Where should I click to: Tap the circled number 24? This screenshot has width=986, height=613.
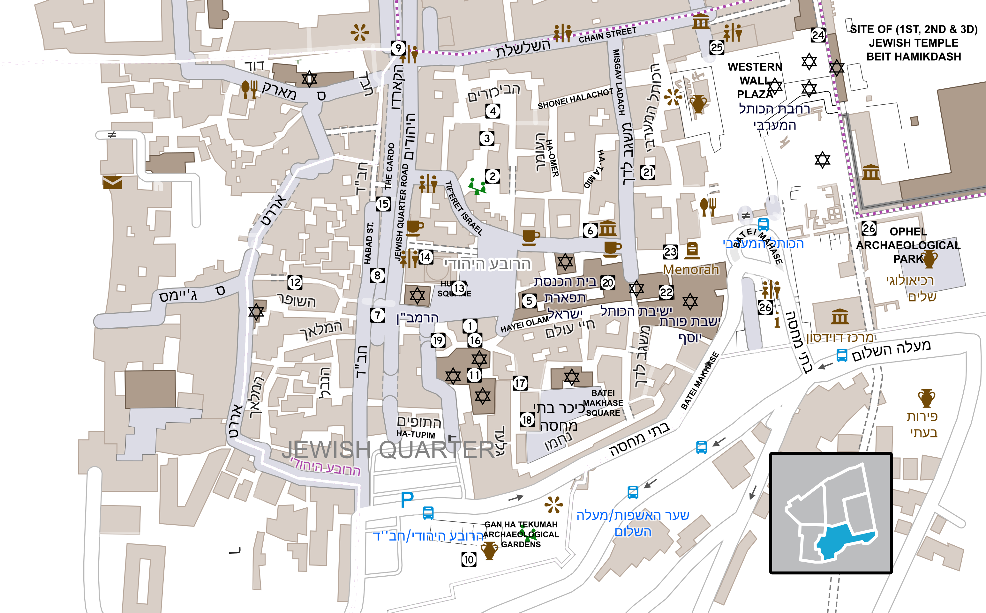[818, 35]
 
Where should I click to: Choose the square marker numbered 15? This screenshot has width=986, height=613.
[383, 204]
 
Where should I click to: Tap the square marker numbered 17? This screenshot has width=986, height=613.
[520, 383]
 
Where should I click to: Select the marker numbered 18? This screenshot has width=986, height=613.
[527, 420]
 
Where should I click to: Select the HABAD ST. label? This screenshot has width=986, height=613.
[369, 243]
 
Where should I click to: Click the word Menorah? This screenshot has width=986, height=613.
[691, 270]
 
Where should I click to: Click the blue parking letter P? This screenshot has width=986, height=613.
[407, 499]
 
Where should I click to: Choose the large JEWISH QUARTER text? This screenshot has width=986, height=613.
[389, 449]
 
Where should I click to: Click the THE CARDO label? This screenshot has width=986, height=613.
[390, 166]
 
